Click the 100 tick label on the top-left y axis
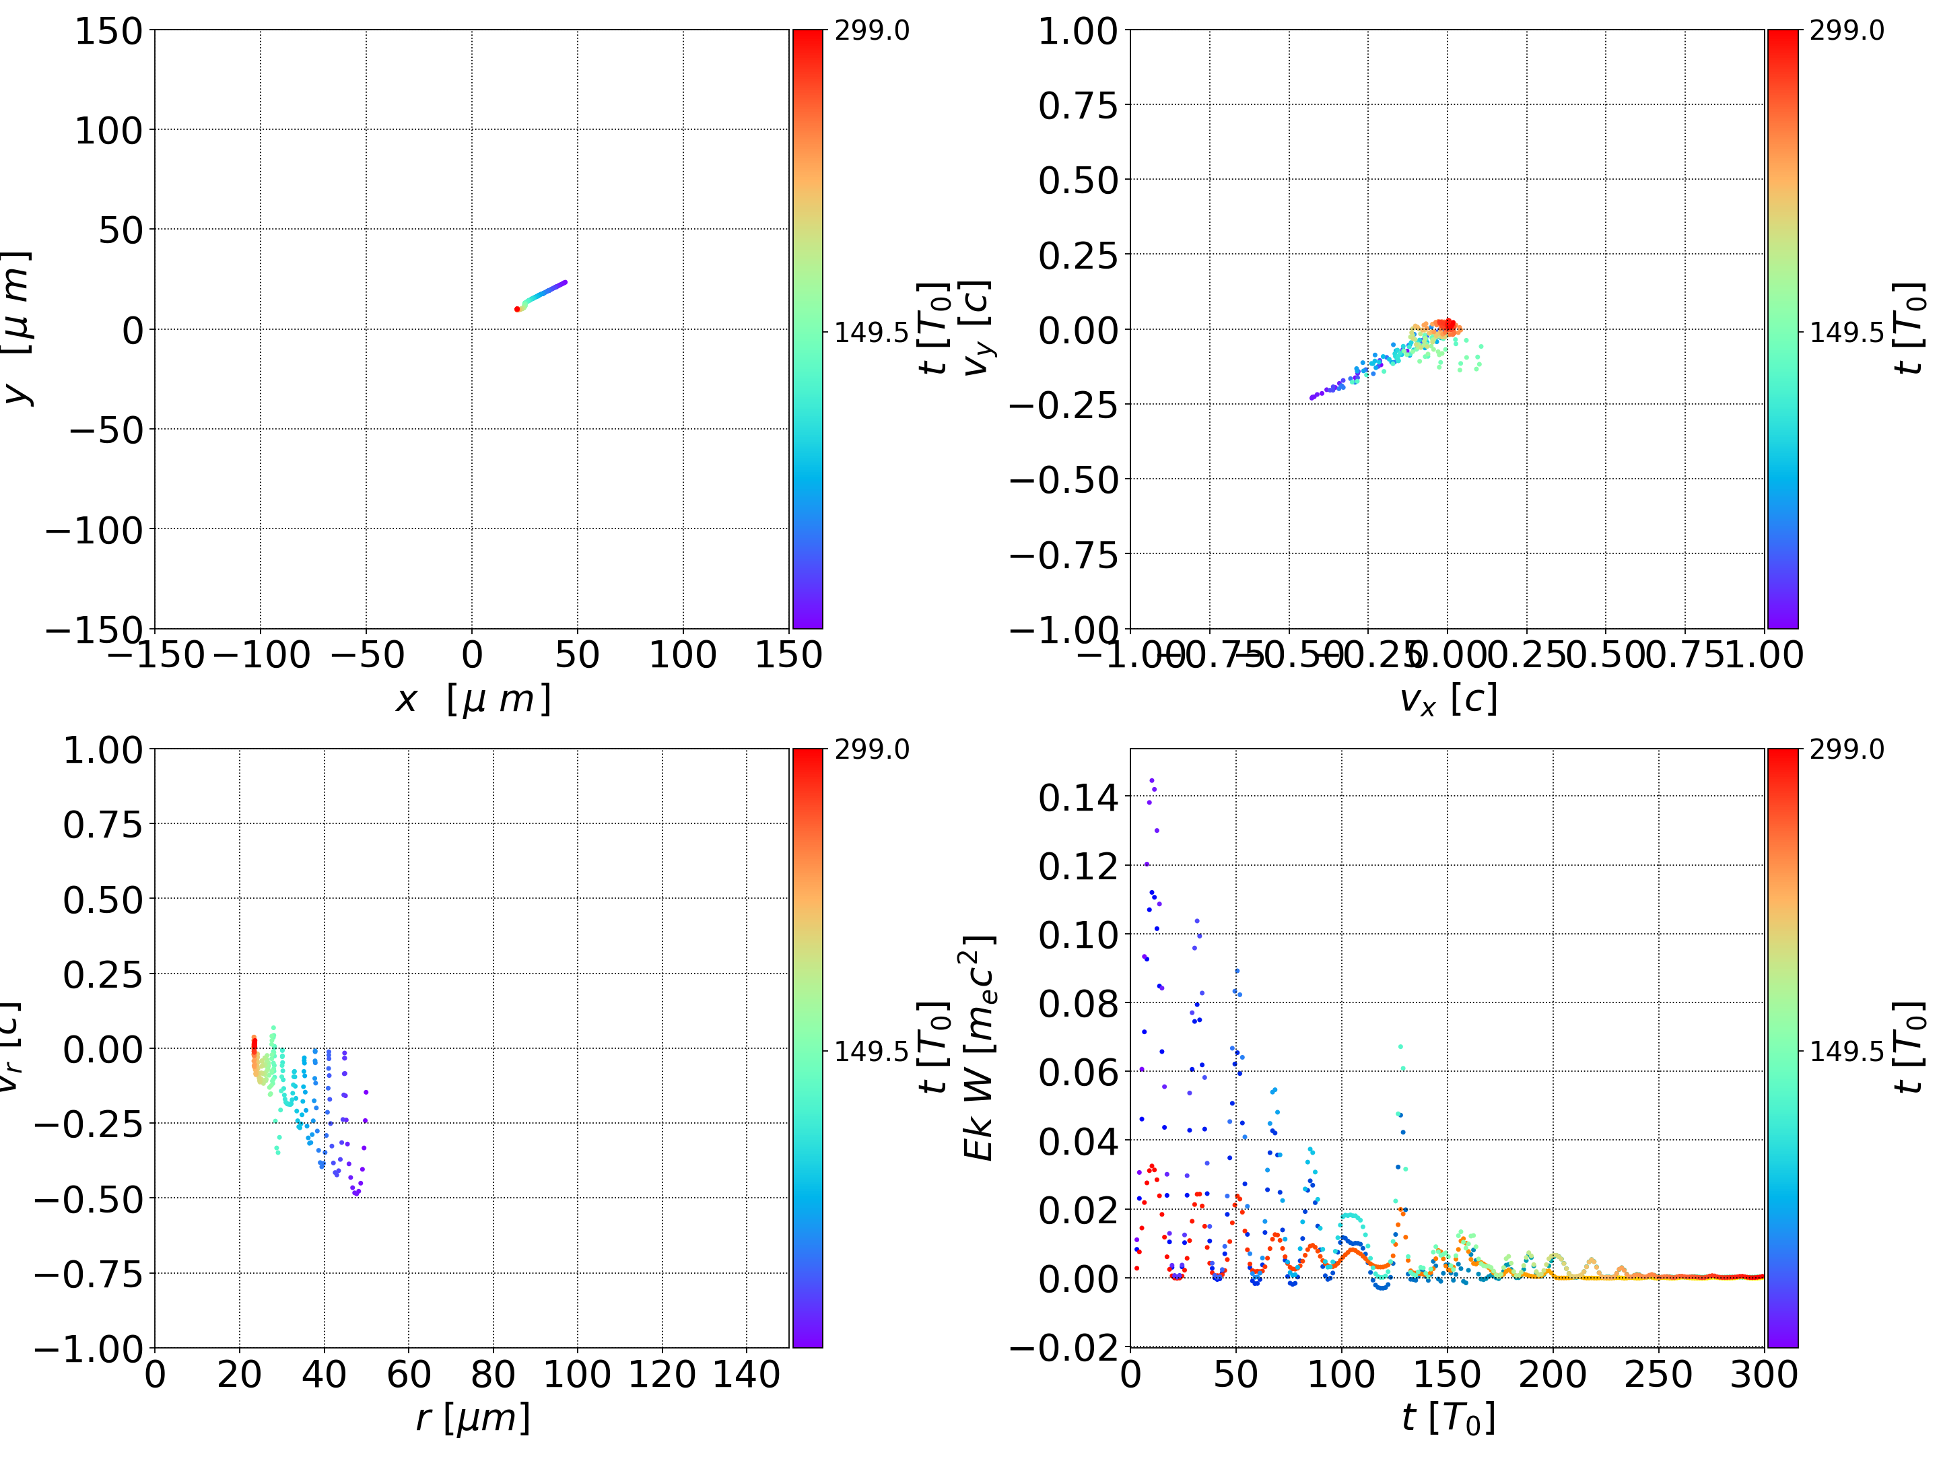tap(108, 131)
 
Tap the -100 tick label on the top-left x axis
tap(261, 655)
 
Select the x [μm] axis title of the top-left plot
tap(473, 700)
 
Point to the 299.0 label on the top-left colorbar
tap(871, 31)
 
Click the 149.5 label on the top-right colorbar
tap(1846, 333)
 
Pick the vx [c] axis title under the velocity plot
tap(1448, 700)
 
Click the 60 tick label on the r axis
tap(409, 1374)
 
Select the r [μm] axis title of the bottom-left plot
tap(473, 1419)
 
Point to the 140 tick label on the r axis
tap(746, 1374)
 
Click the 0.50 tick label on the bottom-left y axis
tap(102, 899)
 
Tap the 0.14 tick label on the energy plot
tap(1078, 798)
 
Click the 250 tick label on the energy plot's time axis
tap(1658, 1374)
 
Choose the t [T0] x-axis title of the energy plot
tap(1448, 1419)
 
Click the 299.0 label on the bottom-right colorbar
tap(1846, 749)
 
